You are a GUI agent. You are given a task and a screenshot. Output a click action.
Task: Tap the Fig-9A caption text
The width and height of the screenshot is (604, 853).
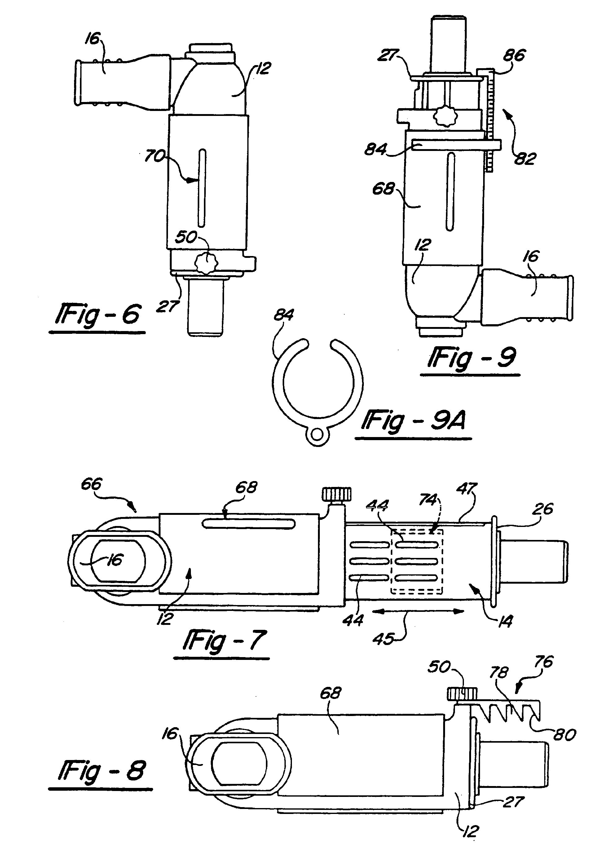(414, 421)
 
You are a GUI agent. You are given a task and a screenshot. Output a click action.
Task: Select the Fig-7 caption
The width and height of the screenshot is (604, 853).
(225, 640)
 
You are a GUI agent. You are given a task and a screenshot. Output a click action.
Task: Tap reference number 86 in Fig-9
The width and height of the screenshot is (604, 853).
(514, 55)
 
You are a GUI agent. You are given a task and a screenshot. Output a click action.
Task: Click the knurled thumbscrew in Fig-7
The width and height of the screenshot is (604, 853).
(337, 495)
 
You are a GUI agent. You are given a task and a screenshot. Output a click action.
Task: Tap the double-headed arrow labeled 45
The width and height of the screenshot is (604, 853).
(418, 611)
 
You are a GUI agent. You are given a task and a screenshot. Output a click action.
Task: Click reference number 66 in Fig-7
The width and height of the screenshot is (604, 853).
(91, 484)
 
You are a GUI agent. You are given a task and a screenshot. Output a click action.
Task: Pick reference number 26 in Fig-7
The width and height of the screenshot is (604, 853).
(543, 509)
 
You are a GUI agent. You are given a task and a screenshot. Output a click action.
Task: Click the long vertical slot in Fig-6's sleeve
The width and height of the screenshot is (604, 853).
(202, 188)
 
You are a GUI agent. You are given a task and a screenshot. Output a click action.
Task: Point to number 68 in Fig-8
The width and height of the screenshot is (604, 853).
(330, 693)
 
